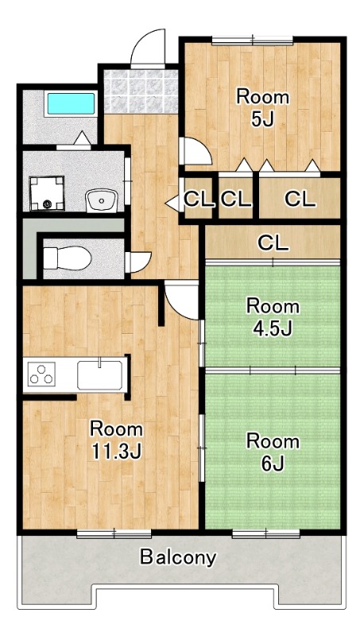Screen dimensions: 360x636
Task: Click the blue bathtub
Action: click(71, 104)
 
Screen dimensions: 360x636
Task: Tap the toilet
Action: click(67, 258)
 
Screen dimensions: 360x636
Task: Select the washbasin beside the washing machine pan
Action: click(102, 201)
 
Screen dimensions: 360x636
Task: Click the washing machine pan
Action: click(47, 193)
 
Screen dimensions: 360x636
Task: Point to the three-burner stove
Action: click(41, 374)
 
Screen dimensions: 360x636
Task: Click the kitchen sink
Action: click(99, 374)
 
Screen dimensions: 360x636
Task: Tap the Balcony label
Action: click(178, 557)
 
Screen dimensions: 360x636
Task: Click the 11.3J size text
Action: click(116, 451)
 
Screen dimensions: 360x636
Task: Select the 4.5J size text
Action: click(273, 328)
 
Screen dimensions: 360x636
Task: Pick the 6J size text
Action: click(273, 463)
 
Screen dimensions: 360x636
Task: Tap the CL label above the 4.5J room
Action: click(273, 243)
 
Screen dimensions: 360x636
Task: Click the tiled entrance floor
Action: click(141, 91)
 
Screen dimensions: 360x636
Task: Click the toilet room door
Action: click(138, 262)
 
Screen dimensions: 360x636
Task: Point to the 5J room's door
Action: click(195, 151)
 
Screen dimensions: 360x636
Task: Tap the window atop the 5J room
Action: click(252, 41)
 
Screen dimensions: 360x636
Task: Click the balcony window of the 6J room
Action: click(266, 533)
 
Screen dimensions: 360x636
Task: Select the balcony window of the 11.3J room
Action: click(114, 533)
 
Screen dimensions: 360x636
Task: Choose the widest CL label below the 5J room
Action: click(300, 200)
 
